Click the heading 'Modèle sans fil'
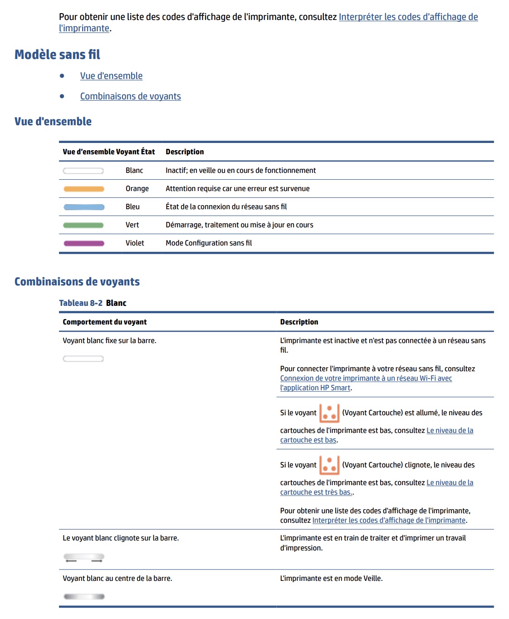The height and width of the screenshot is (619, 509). [x=57, y=54]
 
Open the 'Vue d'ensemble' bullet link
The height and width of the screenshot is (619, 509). [x=111, y=76]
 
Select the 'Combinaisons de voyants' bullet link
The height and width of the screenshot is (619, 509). [x=130, y=96]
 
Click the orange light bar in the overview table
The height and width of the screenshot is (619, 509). [x=84, y=189]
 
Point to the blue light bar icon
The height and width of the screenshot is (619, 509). [x=84, y=207]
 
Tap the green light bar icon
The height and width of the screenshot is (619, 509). [x=83, y=225]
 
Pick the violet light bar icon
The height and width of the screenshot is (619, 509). [x=84, y=243]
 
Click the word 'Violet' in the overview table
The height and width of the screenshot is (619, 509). [x=135, y=243]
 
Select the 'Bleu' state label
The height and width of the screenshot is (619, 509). [x=132, y=207]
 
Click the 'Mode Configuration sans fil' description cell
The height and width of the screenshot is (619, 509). [x=209, y=243]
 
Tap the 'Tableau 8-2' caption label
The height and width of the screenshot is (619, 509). [x=81, y=303]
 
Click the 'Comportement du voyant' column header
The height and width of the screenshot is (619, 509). [x=105, y=322]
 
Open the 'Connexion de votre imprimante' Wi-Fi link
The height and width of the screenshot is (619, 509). [x=366, y=378]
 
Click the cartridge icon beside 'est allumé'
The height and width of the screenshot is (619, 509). [x=329, y=413]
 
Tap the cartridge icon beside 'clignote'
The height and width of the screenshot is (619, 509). [x=329, y=465]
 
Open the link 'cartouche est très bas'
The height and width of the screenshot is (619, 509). [x=316, y=492]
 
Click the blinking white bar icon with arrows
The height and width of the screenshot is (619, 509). [x=84, y=558]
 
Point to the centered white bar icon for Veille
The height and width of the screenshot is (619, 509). [x=84, y=596]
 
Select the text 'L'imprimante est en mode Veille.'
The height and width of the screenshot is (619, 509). [x=331, y=579]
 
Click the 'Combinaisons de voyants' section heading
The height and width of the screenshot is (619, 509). [x=77, y=282]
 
